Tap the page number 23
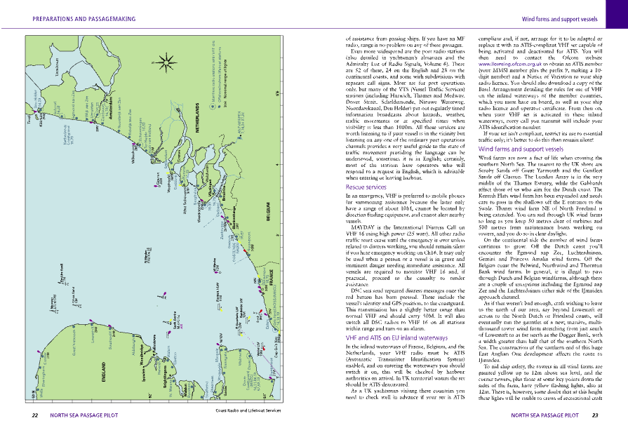[594, 415]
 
